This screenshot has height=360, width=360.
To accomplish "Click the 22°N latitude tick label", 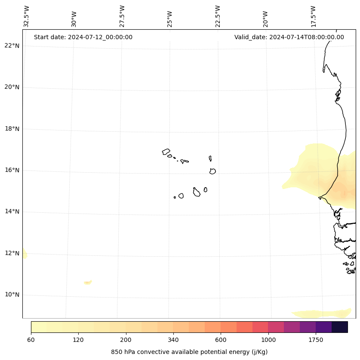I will coord(12,46).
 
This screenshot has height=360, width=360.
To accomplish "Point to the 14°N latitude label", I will coord(12,211).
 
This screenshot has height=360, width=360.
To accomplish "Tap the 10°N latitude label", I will coord(12,295).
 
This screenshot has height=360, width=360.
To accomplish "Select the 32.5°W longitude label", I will coord(27,16).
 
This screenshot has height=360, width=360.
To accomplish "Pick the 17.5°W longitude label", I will coord(313,16).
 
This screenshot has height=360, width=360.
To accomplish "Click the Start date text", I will coord(83,37).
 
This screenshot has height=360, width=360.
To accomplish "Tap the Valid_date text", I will coord(289,37).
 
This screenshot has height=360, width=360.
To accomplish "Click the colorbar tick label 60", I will coord(31,340).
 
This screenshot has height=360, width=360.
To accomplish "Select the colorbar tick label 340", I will coord(173,340).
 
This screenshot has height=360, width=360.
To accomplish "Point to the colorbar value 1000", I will coord(268,340).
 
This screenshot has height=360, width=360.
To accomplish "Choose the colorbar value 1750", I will coord(316,340).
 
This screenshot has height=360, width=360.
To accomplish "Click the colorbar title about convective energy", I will coord(189,352).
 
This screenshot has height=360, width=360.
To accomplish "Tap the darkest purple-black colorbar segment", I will coord(340,327).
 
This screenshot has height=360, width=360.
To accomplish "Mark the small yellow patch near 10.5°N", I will coord(88,282).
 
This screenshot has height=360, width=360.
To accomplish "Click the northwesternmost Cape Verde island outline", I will coord(166,152).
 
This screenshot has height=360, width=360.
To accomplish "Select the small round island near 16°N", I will coord(212,171).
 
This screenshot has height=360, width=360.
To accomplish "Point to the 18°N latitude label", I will coord(12,129).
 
